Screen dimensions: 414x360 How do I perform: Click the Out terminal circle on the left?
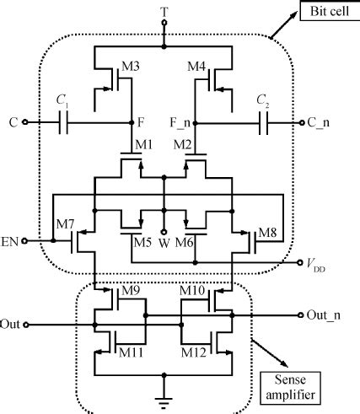point(29,324)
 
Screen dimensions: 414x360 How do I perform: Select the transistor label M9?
point(132,293)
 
